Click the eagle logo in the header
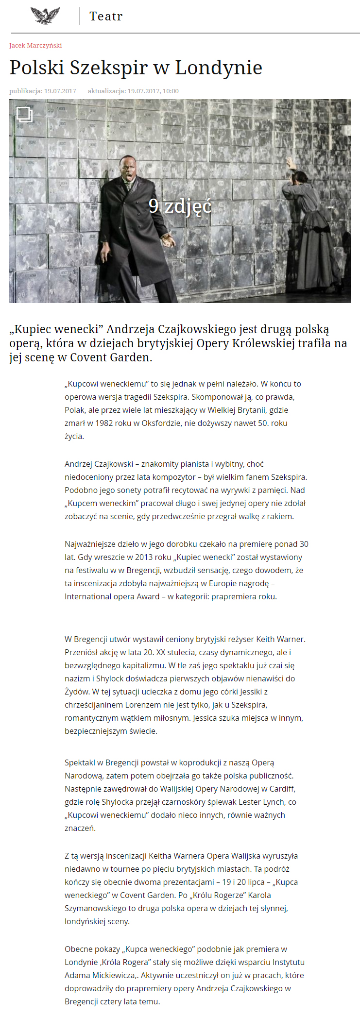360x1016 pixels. pos(45,16)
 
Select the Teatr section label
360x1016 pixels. pos(106,17)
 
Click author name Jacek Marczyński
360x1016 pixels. pos(35,46)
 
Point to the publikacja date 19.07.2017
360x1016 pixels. pos(60,91)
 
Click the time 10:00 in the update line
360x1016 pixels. pos(171,91)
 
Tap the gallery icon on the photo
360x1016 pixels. pos(24,114)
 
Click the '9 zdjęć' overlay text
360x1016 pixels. pos(180,206)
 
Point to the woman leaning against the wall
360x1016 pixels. pos(311,228)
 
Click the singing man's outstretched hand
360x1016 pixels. pos(168,239)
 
